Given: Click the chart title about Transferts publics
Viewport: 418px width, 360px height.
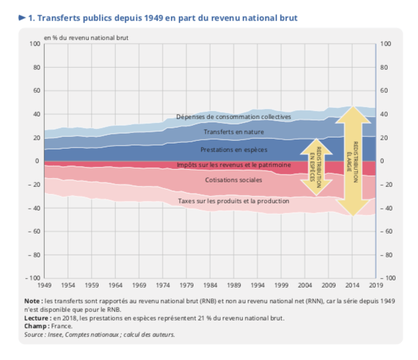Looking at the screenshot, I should pos(161,18).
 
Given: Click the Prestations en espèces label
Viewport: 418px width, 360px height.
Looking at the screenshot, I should pos(234,150).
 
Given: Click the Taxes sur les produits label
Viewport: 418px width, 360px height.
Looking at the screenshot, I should pos(234,200).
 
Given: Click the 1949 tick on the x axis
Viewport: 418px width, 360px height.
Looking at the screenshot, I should pos(45,286).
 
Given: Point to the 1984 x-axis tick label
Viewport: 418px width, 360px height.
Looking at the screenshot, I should pos(211,286).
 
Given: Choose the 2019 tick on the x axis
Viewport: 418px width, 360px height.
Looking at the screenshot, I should pos(375,286).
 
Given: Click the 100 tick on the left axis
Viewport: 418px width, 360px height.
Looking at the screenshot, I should pos(35,44).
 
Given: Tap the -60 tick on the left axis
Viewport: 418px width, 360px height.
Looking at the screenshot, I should pos(34,232).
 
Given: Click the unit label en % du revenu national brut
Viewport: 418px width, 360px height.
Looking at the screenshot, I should pos(86,38).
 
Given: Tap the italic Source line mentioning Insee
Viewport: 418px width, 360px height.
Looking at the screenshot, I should pos(99,334).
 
